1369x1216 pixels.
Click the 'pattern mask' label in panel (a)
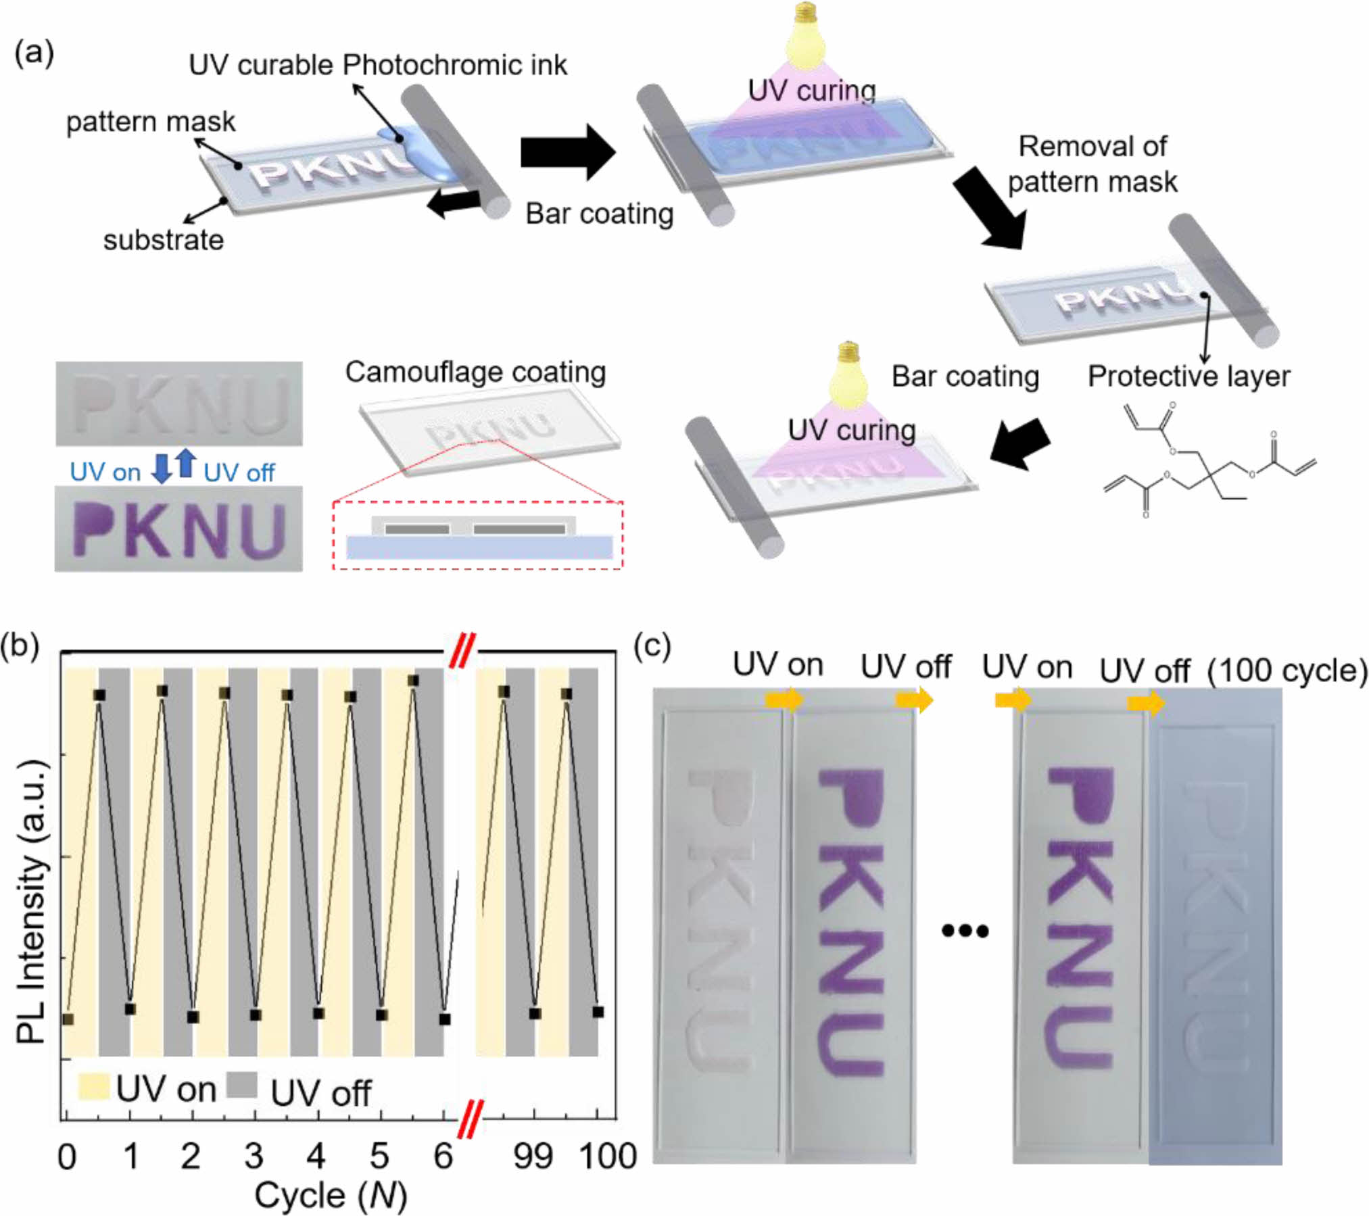[x=151, y=122]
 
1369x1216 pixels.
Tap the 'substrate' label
[x=163, y=240]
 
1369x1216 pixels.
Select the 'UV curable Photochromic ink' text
[x=377, y=66]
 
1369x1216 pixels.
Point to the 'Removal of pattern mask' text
[x=1092, y=164]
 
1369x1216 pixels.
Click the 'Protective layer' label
[x=1188, y=376]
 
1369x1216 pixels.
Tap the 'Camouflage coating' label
[x=475, y=372]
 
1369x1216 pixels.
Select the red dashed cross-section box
[x=477, y=535]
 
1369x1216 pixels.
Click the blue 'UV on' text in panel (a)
[x=105, y=472]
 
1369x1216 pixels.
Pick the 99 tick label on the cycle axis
[x=533, y=1156]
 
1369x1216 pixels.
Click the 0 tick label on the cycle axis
[x=66, y=1157]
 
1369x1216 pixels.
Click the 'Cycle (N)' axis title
[x=330, y=1196]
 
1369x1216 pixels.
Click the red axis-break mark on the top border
[x=463, y=651]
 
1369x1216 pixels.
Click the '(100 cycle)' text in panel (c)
[x=1287, y=671]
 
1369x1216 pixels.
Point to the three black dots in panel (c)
[x=965, y=931]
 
